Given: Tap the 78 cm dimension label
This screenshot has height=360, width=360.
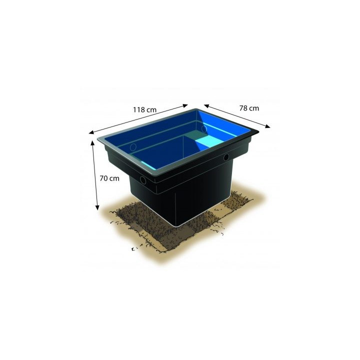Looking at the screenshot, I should (249, 107).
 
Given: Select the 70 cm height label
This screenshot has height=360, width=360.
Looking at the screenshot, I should (109, 178).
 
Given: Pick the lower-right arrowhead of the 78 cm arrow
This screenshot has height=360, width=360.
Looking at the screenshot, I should (268, 127).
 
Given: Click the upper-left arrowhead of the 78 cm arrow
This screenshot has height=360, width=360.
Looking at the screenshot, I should (205, 106).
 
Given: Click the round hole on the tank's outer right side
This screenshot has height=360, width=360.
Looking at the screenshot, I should (226, 157).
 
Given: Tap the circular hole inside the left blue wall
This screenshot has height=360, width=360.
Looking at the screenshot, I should (133, 147).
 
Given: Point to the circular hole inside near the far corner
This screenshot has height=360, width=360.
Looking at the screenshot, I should (204, 129).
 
